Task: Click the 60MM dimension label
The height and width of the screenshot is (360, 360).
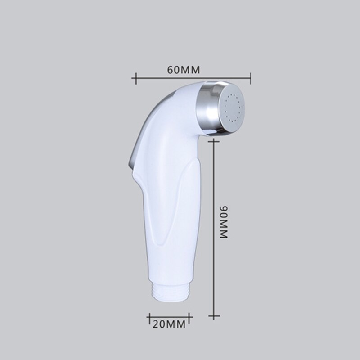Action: pos(183,70)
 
